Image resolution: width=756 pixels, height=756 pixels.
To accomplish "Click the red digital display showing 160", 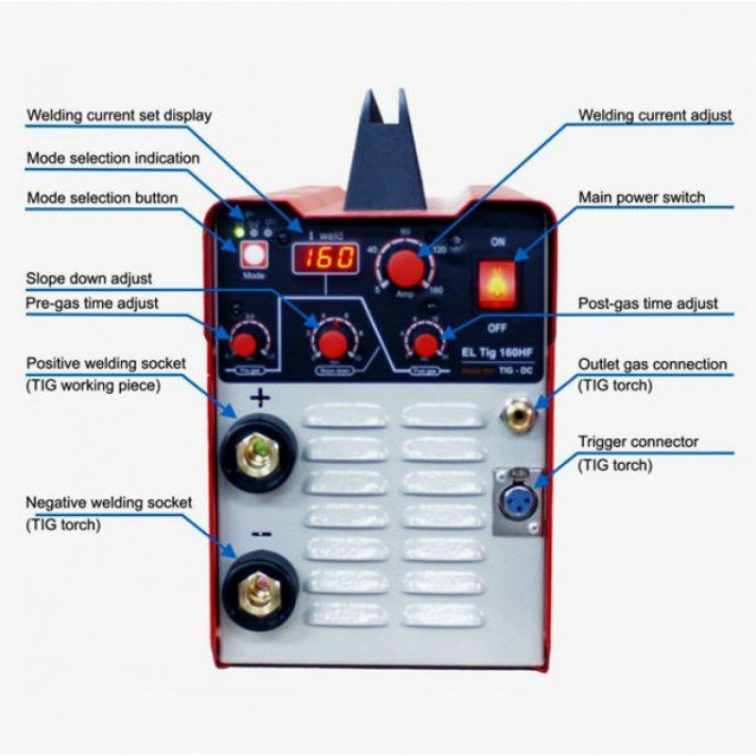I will pos(325,257).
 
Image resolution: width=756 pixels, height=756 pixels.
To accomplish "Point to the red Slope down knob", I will pos(332,342).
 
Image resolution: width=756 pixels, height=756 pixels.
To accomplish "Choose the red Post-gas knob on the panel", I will pos(425,344).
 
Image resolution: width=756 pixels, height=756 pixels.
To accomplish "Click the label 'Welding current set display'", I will pos(119,115).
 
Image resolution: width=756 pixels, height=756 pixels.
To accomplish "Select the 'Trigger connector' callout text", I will pos(638,441).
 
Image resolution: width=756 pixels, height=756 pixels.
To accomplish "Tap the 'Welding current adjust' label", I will pos(655,115).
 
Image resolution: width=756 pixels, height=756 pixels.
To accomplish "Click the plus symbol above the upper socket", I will pos(259,399).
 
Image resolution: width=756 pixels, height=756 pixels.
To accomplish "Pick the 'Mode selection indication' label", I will pos(112,158).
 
